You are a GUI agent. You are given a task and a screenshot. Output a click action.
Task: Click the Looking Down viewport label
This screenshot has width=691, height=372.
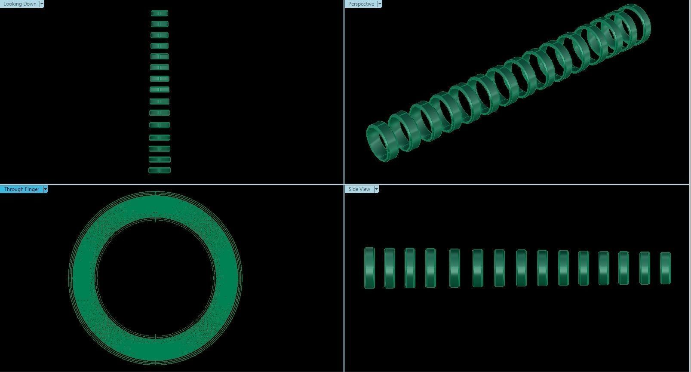tap(20, 4)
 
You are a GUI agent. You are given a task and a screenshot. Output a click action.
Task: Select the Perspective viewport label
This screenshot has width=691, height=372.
tap(361, 4)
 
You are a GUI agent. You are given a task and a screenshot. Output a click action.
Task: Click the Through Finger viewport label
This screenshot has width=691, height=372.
tap(21, 189)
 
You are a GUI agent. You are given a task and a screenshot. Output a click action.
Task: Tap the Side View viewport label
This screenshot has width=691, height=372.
tap(359, 189)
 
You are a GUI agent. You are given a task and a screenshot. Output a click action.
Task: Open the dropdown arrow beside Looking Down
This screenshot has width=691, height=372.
tap(42, 4)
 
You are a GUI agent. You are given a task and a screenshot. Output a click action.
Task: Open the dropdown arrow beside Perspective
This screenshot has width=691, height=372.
tap(379, 4)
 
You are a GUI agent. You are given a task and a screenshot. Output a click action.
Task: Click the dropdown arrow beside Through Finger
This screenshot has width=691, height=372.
tap(45, 189)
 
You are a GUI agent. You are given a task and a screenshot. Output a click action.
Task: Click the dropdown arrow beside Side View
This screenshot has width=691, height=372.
tap(376, 189)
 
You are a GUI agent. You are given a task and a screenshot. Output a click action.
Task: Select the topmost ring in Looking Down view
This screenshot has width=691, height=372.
tap(160, 13)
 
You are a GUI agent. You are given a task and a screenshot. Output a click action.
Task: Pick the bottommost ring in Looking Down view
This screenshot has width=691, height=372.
tap(160, 170)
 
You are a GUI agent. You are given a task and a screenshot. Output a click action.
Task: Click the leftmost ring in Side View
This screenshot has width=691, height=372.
tap(369, 268)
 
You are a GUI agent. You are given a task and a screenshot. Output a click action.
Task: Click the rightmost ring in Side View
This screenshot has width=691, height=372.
tap(665, 268)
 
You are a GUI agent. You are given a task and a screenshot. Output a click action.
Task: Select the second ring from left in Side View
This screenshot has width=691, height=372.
tap(390, 268)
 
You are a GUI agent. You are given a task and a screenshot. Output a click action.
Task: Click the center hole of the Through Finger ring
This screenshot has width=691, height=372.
tap(155, 277)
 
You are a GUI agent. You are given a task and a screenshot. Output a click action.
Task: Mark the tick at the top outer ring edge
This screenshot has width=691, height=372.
tap(155, 194)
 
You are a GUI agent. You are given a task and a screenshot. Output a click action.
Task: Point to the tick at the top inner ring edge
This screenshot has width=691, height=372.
tap(155, 219)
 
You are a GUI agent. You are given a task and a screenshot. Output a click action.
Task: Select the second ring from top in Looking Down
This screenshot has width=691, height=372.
tap(160, 24)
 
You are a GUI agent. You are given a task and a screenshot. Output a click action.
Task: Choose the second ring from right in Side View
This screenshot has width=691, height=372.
tap(645, 268)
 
